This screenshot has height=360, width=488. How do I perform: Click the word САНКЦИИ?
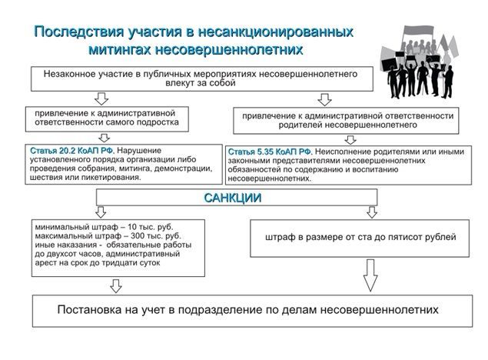coord(233,198)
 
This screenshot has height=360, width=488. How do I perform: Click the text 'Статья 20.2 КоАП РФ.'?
coord(72,151)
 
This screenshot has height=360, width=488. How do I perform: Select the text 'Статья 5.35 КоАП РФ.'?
coord(271,152)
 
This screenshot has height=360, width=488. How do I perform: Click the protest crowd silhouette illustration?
coord(420,62)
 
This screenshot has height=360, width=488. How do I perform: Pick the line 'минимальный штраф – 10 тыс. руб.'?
coord(104,227)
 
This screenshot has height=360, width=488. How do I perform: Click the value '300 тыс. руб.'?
coord(155,235)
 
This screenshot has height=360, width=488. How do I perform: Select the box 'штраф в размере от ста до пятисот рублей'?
coord(360,238)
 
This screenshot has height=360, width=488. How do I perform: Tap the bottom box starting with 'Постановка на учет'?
coord(252,311)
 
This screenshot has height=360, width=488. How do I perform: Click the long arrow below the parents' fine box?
coord(370,275)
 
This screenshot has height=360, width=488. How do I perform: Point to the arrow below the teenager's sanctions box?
coord(116,286)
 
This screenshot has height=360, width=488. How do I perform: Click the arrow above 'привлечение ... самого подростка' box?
coord(101,98)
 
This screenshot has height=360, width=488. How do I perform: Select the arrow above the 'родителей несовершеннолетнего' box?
coord(324,100)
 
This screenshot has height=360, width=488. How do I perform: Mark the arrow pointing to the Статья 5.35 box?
coord(350,140)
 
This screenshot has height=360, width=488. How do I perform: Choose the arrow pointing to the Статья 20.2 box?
coord(104,138)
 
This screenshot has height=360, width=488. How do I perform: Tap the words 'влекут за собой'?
coord(201,83)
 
